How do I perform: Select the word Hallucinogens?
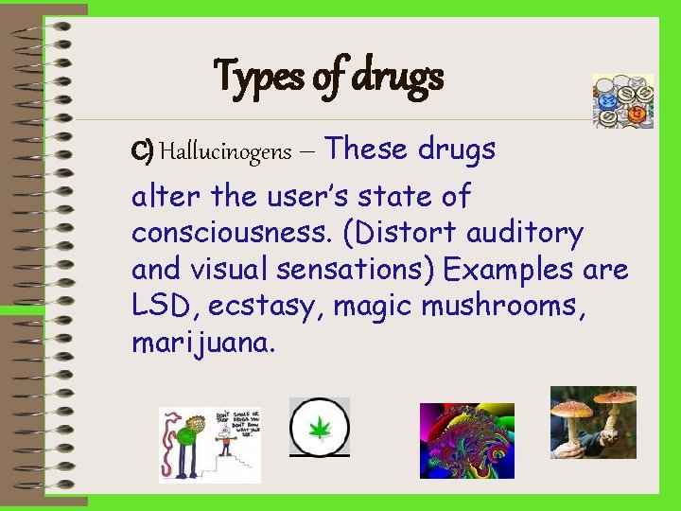click(x=225, y=151)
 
